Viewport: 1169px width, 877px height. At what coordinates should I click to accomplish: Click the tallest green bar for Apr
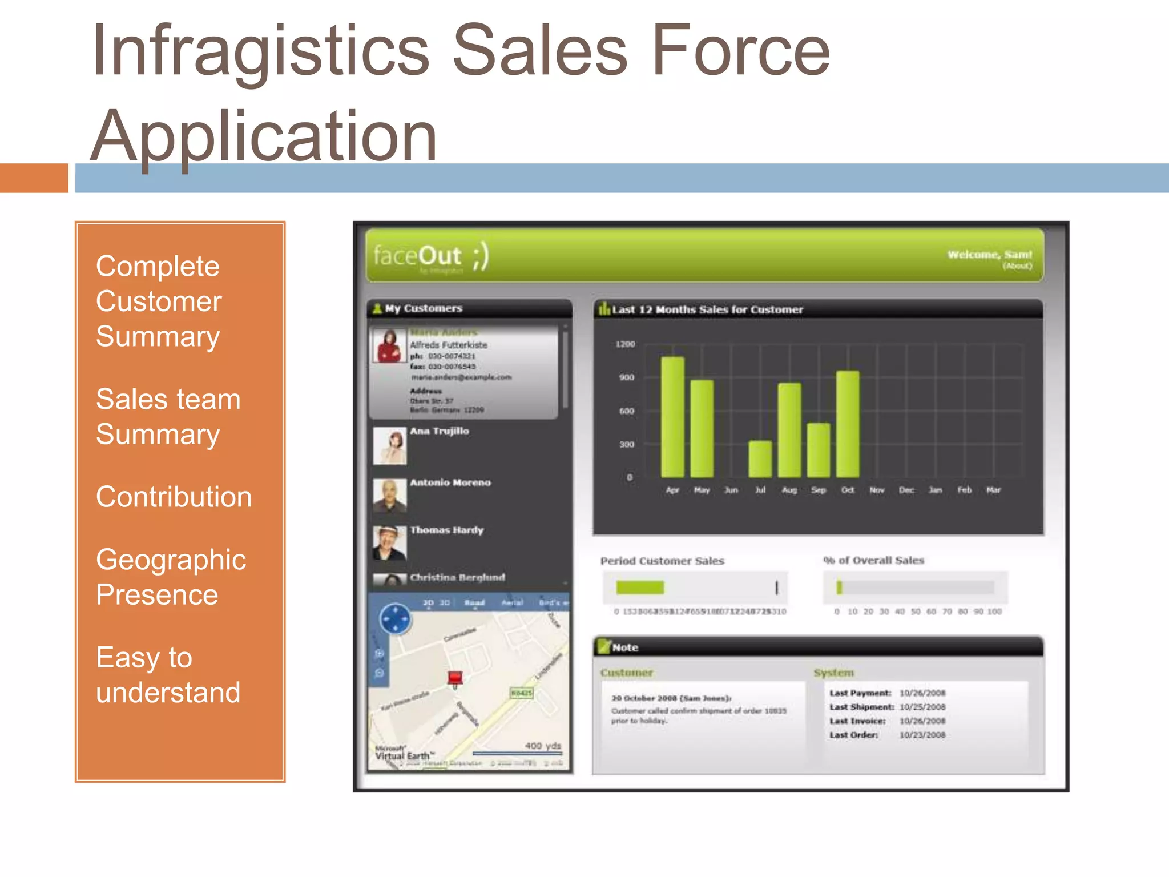coord(672,417)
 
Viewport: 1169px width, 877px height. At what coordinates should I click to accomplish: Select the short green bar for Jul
coord(760,459)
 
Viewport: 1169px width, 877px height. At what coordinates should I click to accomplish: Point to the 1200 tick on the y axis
coord(625,344)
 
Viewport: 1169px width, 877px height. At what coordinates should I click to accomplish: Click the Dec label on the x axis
coord(906,490)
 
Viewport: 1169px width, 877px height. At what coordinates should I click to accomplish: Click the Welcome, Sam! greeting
coord(989,254)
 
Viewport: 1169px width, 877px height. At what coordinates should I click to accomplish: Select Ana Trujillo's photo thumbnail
coord(390,445)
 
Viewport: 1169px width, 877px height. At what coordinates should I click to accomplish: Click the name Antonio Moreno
coord(450,482)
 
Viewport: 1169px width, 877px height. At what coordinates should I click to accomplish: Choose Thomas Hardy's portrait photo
coord(390,543)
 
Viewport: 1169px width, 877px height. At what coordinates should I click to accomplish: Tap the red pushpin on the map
coord(455,678)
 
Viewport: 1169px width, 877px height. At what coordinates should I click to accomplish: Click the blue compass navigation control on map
coord(395,619)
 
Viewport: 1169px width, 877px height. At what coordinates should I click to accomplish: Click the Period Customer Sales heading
coord(662,561)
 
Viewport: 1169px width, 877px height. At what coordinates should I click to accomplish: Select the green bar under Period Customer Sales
coord(640,588)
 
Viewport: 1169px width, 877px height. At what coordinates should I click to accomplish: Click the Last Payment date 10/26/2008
coord(922,693)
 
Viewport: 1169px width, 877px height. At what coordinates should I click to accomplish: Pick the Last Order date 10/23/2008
coord(922,735)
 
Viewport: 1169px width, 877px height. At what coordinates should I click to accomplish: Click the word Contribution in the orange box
coord(174,497)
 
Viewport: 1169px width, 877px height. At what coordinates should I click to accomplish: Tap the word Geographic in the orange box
coord(171,560)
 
